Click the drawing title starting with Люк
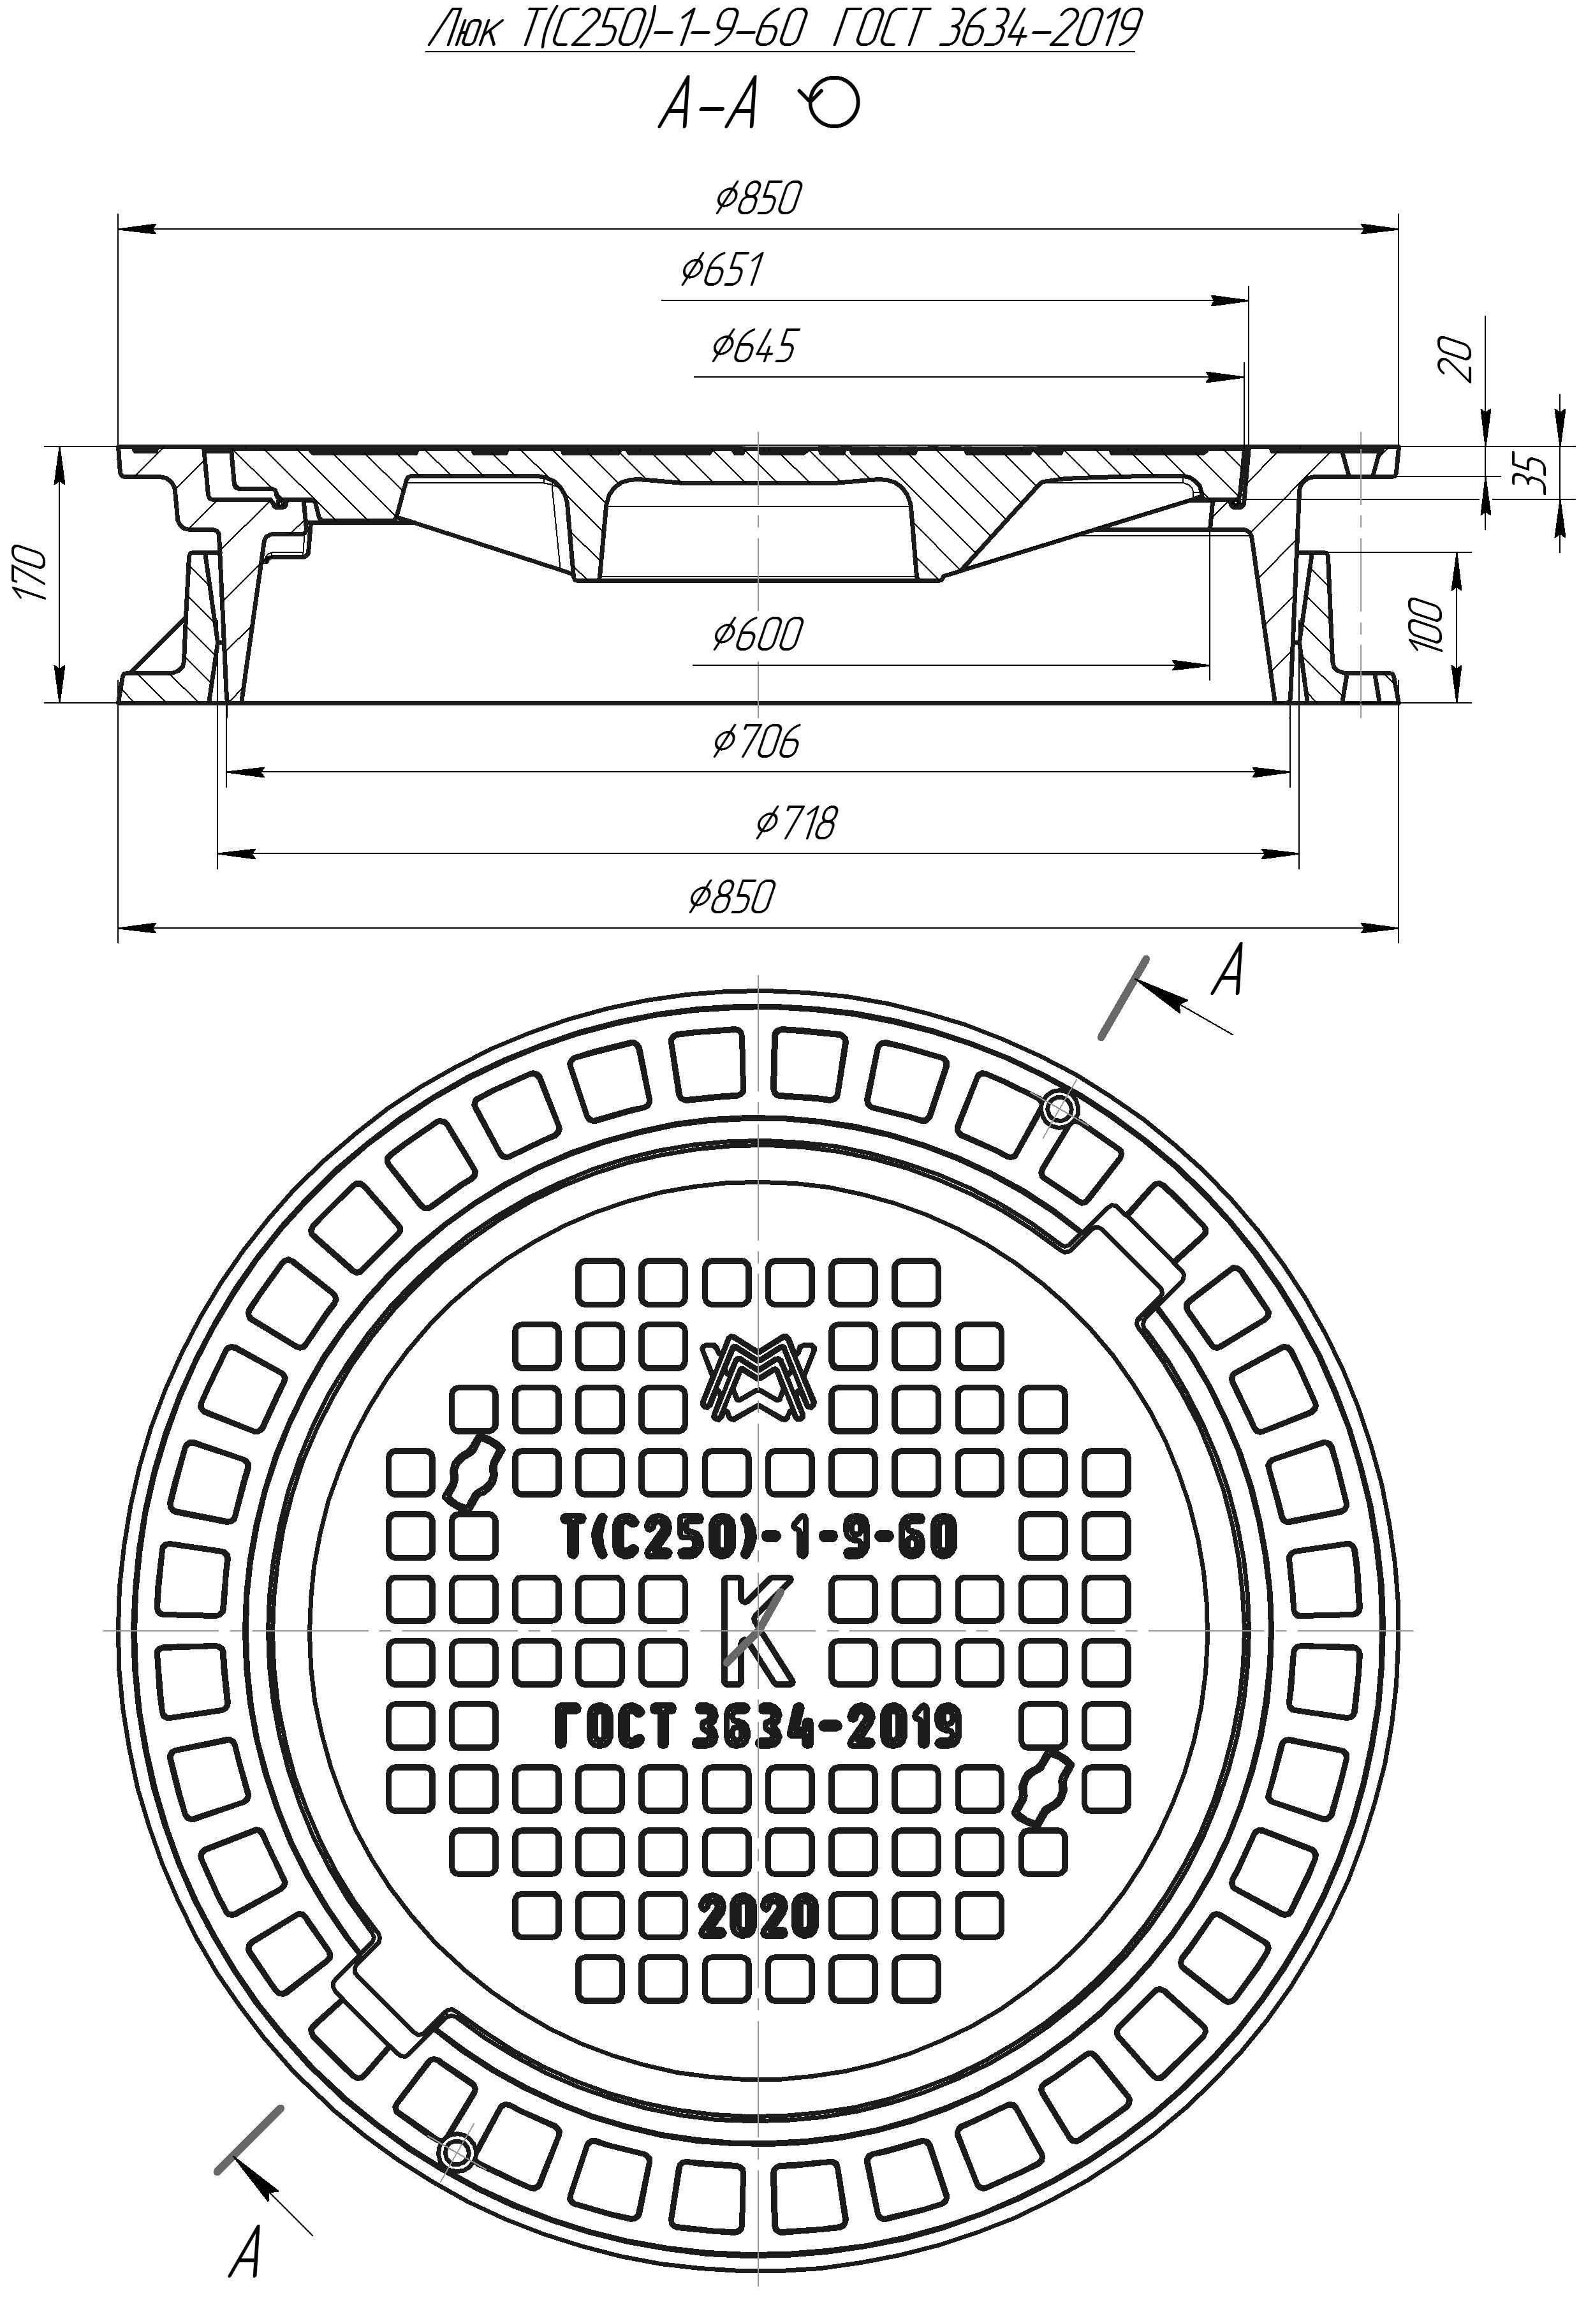tap(782, 31)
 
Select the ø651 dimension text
tap(723, 269)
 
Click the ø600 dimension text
tap(757, 634)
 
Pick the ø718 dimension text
tap(797, 823)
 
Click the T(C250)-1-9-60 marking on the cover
tap(759, 1535)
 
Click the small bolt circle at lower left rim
tap(456, 2149)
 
